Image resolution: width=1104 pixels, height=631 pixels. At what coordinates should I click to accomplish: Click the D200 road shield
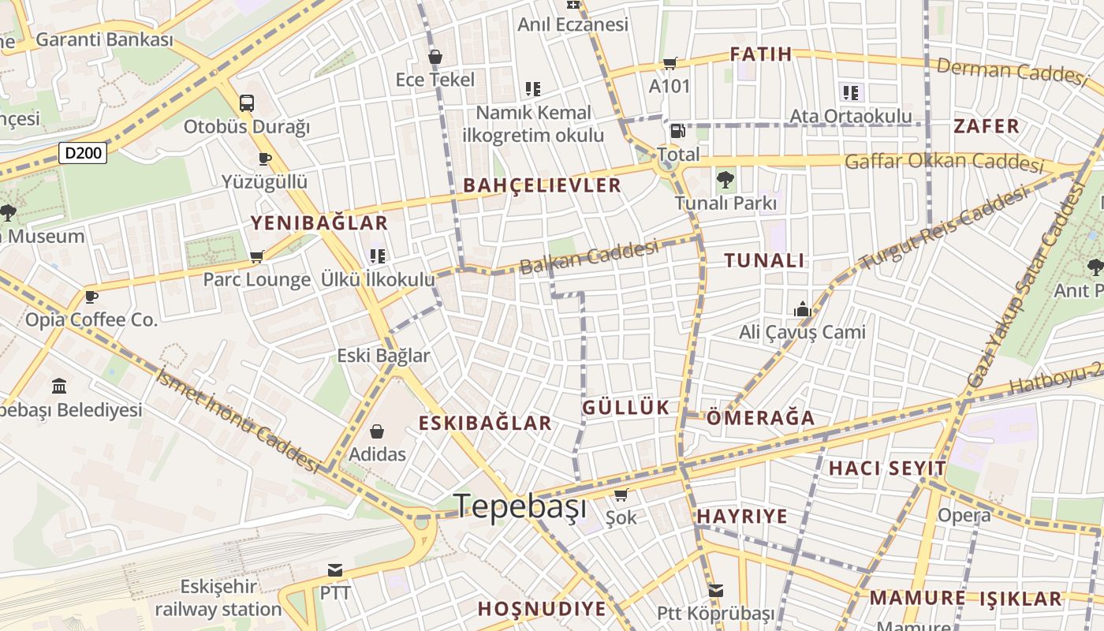pyautogui.click(x=83, y=153)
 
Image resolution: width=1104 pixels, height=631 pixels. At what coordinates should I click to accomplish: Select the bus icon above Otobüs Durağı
pyautogui.click(x=247, y=103)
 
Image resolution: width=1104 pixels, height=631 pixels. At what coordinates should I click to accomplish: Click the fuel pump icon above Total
pyautogui.click(x=677, y=131)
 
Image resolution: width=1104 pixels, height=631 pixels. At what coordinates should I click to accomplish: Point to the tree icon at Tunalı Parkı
pyautogui.click(x=725, y=180)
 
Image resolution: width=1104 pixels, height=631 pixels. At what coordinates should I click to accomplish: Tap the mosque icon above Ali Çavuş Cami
pyautogui.click(x=803, y=309)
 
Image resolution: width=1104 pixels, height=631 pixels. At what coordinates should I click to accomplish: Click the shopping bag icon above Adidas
pyautogui.click(x=377, y=431)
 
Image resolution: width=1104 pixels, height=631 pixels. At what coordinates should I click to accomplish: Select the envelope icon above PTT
pyautogui.click(x=335, y=569)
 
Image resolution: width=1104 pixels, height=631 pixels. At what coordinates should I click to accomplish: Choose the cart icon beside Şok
pyautogui.click(x=621, y=495)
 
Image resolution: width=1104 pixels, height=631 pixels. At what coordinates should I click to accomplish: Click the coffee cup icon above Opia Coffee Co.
pyautogui.click(x=91, y=297)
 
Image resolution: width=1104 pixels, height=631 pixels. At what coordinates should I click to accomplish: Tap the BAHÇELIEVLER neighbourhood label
pyautogui.click(x=543, y=186)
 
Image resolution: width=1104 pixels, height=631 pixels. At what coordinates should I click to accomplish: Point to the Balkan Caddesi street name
pyautogui.click(x=589, y=258)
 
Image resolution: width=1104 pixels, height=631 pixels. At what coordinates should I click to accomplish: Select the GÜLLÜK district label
pyautogui.click(x=625, y=408)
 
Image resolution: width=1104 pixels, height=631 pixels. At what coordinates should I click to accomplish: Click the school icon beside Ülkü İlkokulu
pyautogui.click(x=378, y=256)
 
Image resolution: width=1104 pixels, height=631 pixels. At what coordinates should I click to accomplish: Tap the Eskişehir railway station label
pyautogui.click(x=218, y=598)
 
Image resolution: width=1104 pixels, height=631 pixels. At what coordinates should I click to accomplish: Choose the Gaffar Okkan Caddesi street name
pyautogui.click(x=944, y=162)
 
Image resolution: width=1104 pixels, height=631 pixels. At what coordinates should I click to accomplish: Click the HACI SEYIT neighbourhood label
pyautogui.click(x=887, y=469)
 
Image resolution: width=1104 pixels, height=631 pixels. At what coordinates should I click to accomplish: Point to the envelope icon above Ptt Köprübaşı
pyautogui.click(x=715, y=590)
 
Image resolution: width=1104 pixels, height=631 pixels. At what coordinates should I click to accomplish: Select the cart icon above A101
pyautogui.click(x=669, y=63)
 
